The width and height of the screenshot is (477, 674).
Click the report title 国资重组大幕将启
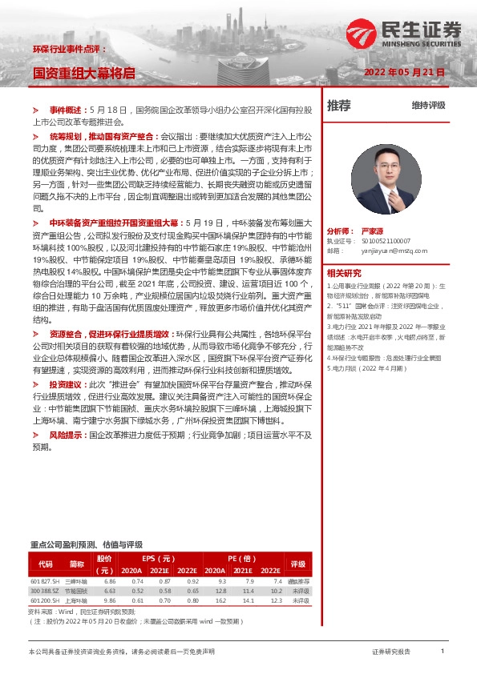[83, 73]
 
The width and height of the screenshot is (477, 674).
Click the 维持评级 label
[428, 105]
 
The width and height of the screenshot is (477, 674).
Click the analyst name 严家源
[374, 228]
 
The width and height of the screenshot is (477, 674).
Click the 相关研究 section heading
[346, 273]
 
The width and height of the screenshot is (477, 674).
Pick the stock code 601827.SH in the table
[46, 580]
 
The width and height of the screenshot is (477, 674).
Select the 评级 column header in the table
[299, 564]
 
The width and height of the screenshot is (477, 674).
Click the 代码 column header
[45, 564]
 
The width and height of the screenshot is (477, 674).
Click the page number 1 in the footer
[442, 652]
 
